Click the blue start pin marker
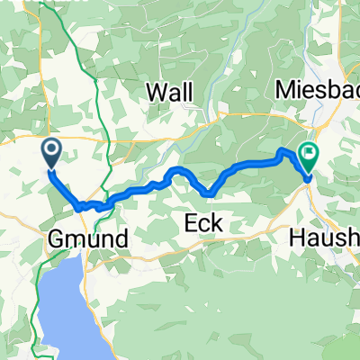50,151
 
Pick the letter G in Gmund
52,238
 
